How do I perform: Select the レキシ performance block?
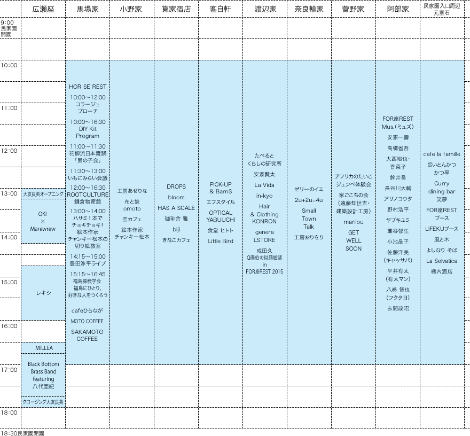click(43, 293)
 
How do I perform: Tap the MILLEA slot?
click(43, 348)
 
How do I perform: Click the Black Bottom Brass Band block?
click(43, 375)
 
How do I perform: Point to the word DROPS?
click(176, 186)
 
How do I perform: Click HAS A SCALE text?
click(176, 208)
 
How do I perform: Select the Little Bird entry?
click(221, 241)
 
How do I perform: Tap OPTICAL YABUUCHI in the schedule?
click(221, 216)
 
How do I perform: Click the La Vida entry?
click(264, 185)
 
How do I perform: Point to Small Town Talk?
click(309, 219)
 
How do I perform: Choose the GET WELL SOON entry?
click(353, 240)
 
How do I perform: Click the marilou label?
click(353, 222)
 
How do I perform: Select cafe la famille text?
click(442, 154)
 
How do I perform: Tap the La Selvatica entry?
click(442, 261)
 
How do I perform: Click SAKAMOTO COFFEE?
click(88, 335)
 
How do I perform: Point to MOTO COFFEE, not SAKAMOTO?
click(88, 321)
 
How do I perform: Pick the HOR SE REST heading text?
click(88, 87)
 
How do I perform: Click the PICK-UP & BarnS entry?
click(221, 188)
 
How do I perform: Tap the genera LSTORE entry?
click(264, 236)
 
